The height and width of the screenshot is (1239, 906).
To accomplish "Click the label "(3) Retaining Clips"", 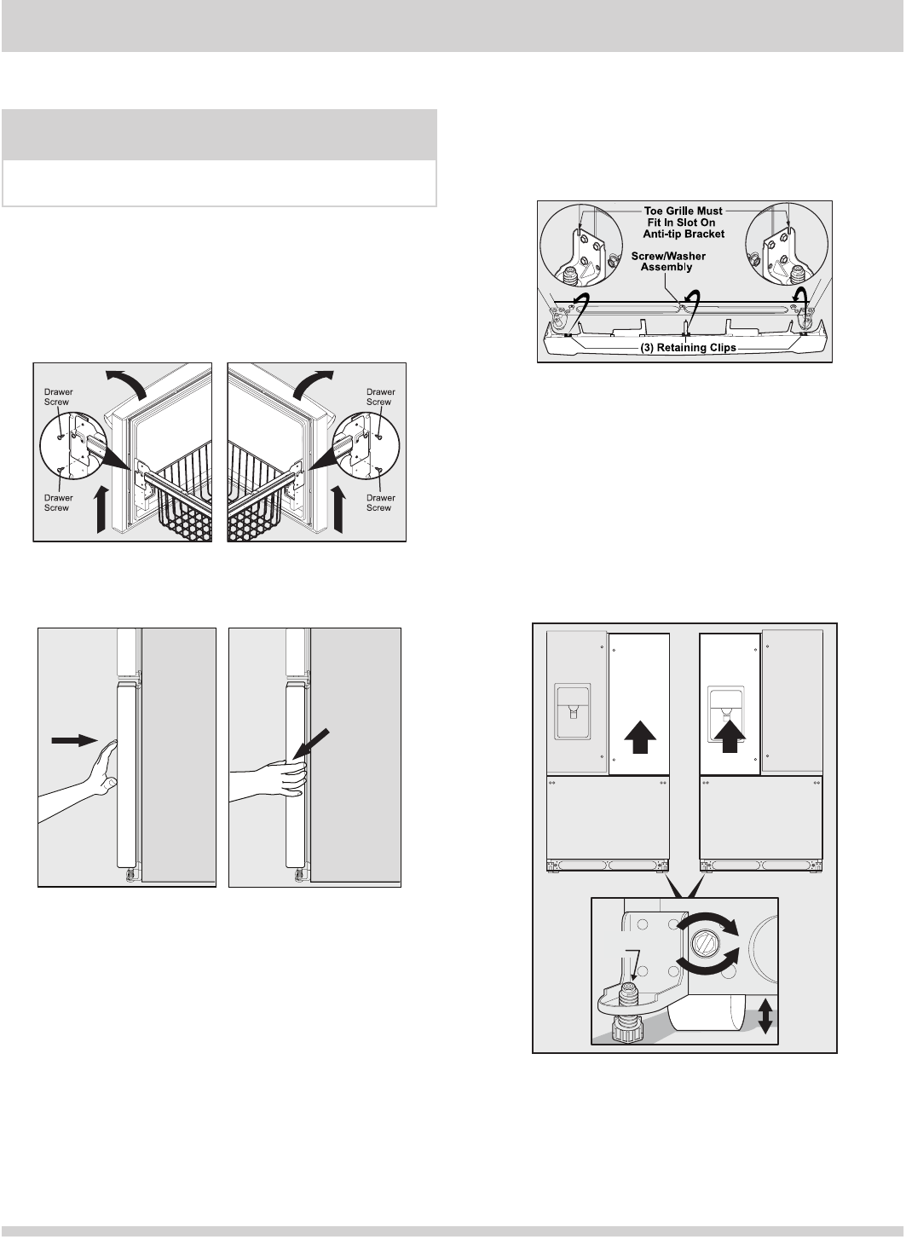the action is [688, 347].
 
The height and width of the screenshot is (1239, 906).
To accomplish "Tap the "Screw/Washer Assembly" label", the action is [668, 262].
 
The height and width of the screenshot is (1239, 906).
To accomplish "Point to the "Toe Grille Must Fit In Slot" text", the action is [683, 217].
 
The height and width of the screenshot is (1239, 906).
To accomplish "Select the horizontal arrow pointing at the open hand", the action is [75, 740].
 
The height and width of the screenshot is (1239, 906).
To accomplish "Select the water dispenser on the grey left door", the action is [573, 711].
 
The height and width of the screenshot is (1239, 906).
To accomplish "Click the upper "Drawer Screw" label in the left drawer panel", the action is [58, 397].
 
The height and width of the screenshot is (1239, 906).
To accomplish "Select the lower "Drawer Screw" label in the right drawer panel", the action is [380, 502].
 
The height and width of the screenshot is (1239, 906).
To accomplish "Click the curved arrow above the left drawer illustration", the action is [126, 383].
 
